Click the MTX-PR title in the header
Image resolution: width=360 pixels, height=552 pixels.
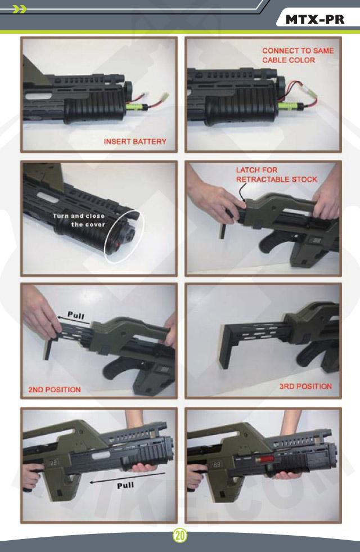(314, 20)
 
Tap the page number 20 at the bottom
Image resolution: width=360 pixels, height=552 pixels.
(180, 536)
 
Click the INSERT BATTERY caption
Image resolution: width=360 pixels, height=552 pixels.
(135, 142)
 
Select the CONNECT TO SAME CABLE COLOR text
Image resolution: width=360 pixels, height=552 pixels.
(298, 55)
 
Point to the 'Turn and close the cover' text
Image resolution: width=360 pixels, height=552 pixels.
(79, 220)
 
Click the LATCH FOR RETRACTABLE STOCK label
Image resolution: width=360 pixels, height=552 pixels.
(277, 174)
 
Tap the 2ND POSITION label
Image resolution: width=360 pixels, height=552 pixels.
(55, 390)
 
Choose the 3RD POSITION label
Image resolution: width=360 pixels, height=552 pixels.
(305, 386)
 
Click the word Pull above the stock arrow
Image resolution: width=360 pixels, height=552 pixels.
(76, 315)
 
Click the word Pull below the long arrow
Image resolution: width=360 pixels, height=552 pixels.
(125, 486)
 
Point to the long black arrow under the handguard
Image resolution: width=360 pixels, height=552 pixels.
(127, 478)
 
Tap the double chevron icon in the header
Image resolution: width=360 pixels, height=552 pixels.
(19, 9)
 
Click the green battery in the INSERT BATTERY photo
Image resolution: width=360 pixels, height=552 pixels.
(135, 106)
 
